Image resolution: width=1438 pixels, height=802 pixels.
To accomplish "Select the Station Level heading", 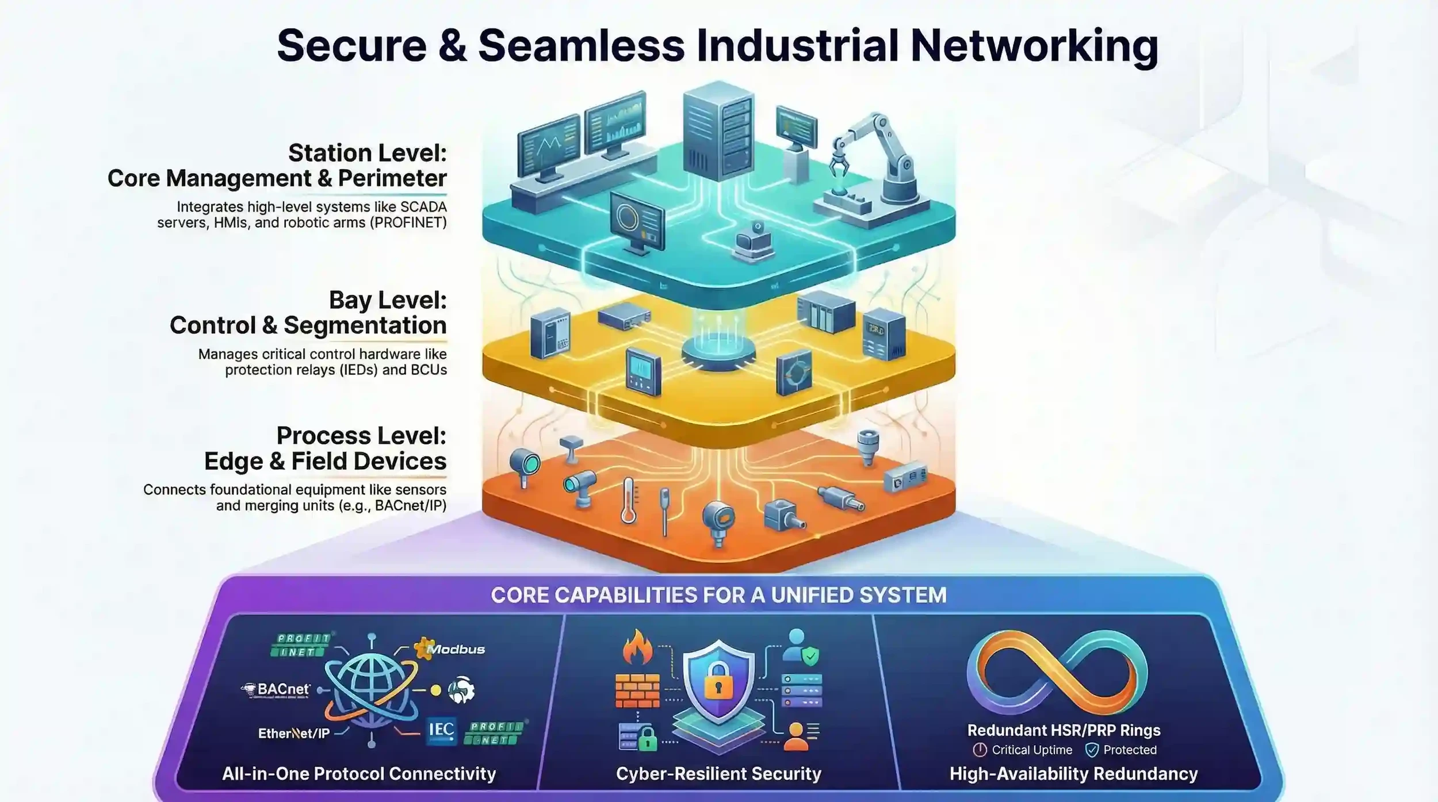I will pos(367,154).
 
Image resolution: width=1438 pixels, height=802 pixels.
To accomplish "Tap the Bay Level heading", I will pos(388,300).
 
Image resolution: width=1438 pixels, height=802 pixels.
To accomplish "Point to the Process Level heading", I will pos(361,436).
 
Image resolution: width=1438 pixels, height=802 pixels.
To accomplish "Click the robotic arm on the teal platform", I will pos(874,161).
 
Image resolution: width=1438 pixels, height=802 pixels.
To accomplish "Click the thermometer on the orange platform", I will pos(628,500).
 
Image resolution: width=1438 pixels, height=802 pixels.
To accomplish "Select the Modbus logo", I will pos(451,649).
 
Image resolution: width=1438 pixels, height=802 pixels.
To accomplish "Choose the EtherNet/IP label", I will pos(294,733).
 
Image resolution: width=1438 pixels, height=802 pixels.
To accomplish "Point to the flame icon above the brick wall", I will pos(638,647).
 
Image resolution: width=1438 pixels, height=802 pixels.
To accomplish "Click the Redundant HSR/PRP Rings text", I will pos(1064,730).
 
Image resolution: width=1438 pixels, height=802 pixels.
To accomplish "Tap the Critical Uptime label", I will pos(1031,750).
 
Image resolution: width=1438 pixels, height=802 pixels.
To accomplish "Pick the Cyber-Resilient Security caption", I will pos(718,774).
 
